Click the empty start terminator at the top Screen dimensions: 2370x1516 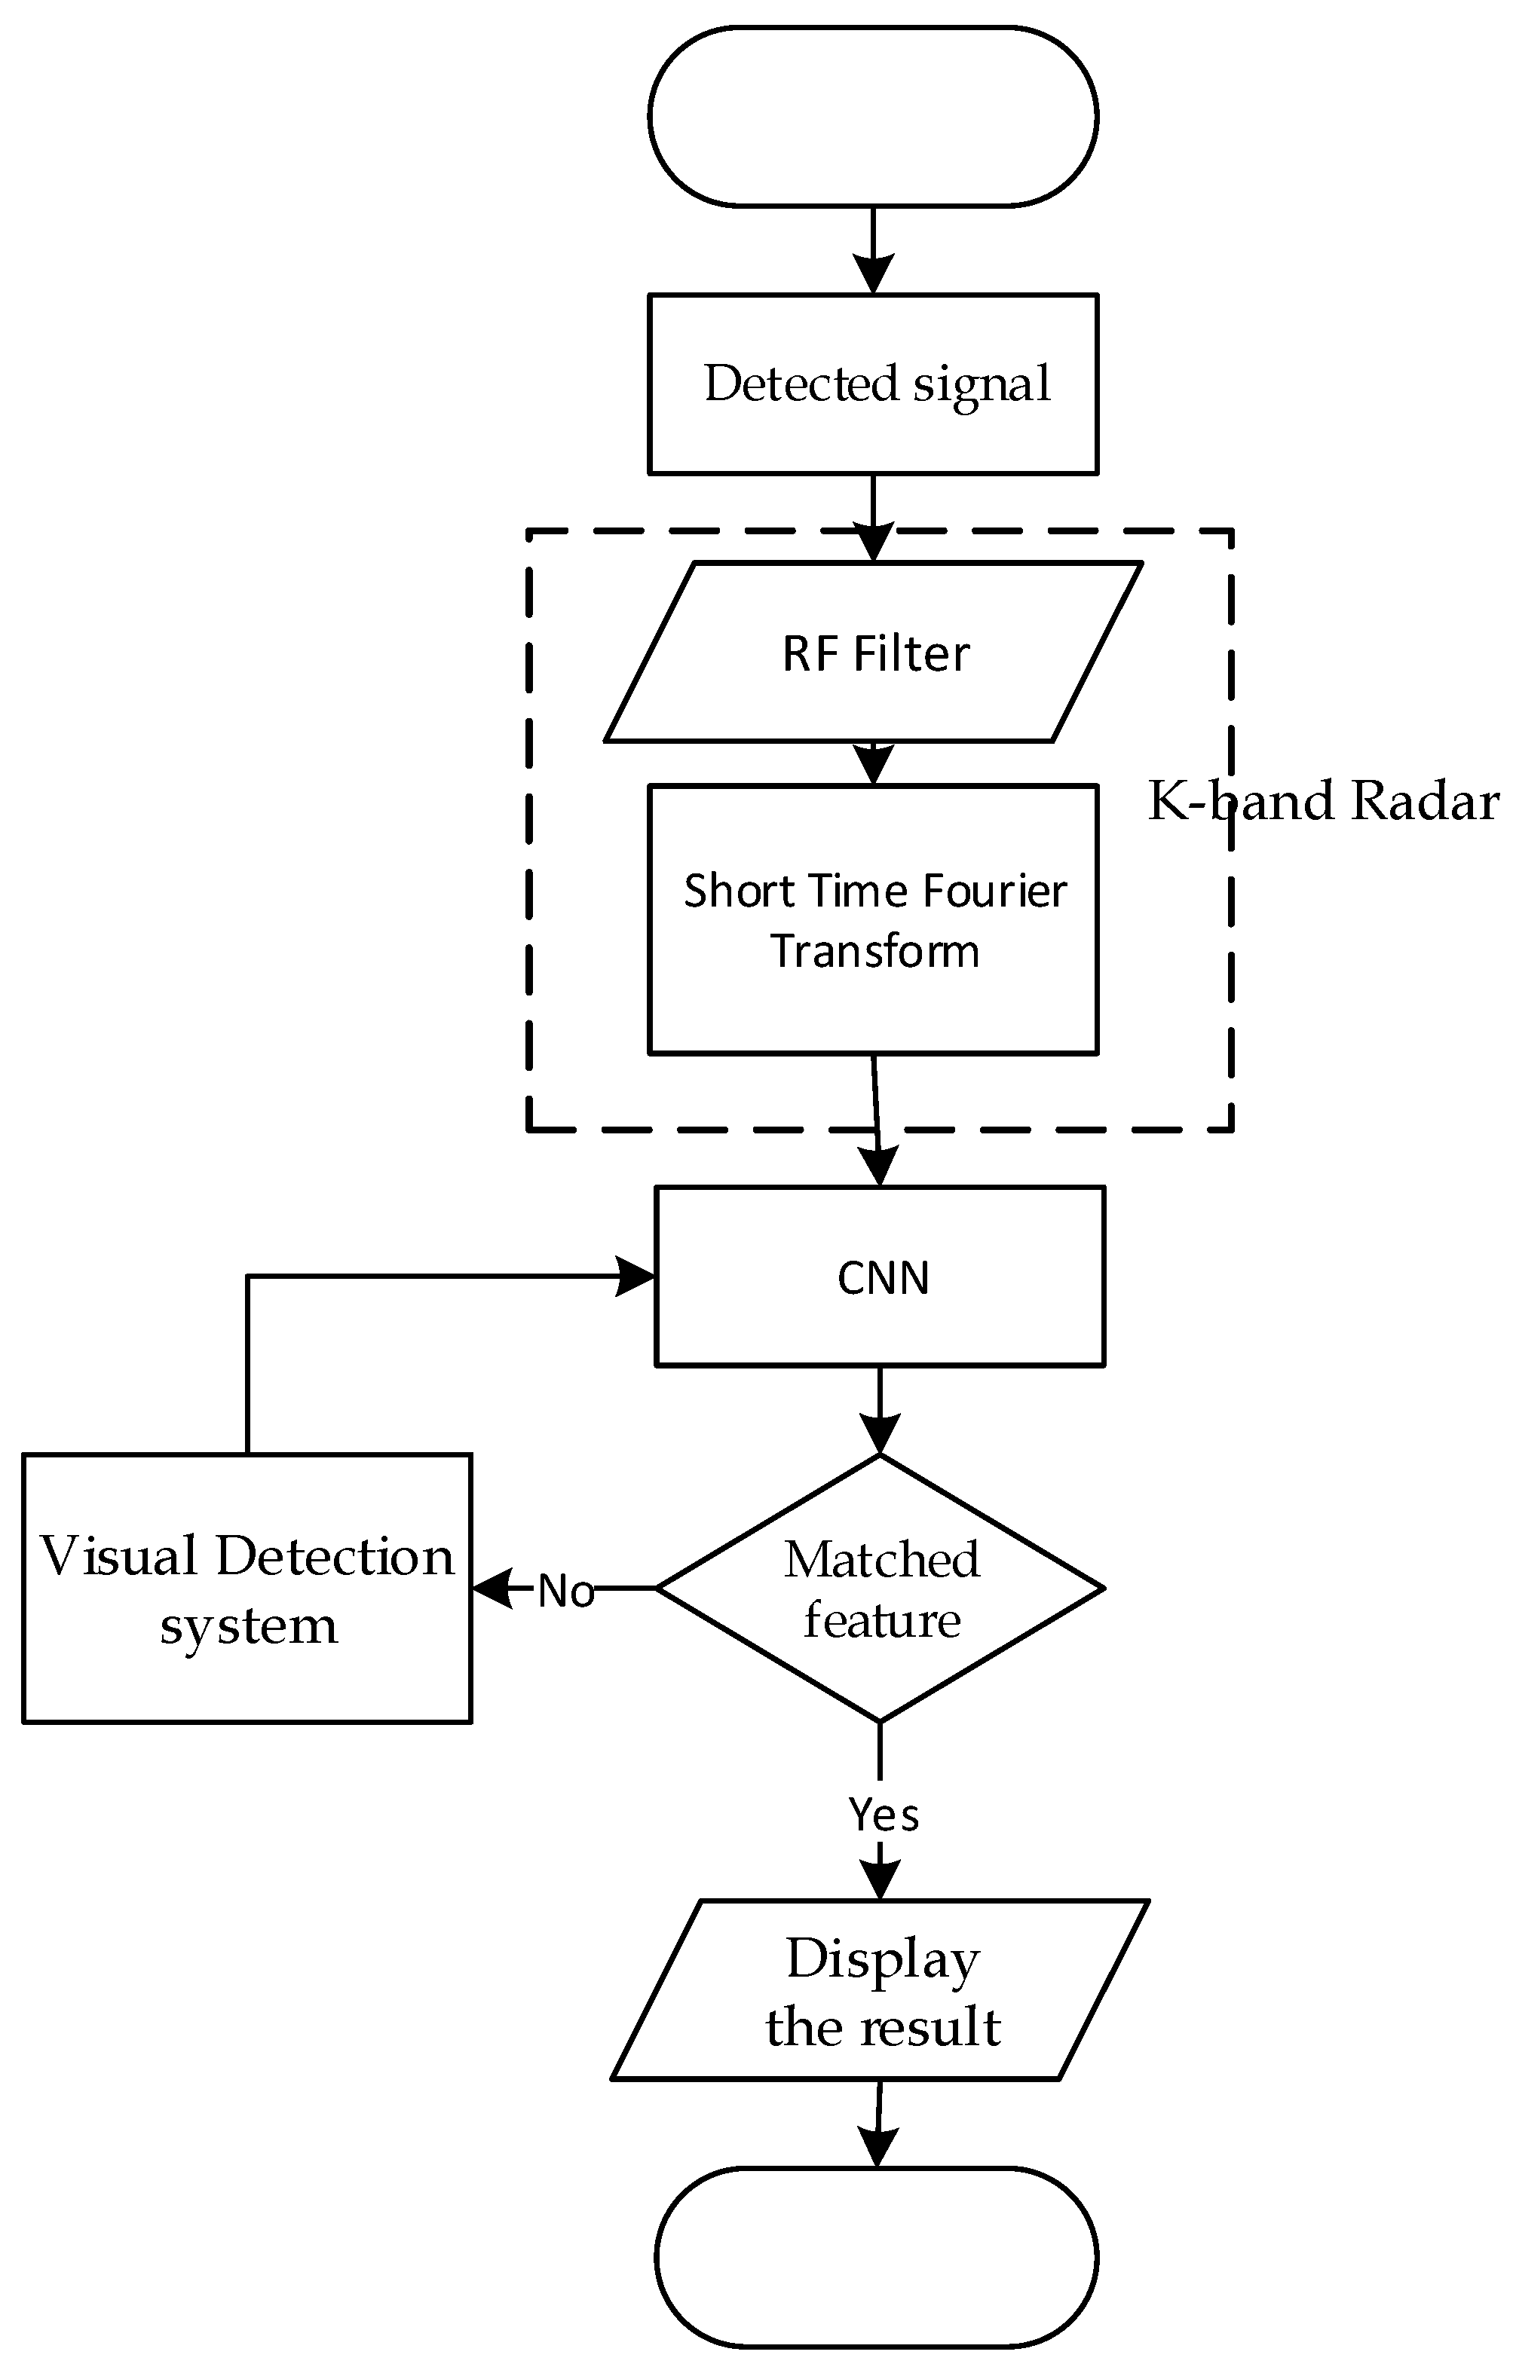click(x=872, y=117)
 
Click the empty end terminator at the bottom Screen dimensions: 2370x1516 click(x=876, y=2258)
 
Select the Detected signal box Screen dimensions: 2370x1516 click(x=872, y=384)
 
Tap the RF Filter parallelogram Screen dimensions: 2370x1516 click(x=872, y=653)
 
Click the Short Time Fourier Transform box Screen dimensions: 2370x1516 click(x=872, y=920)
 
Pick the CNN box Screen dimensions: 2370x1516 click(x=880, y=1277)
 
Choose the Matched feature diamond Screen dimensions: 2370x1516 click(x=880, y=1589)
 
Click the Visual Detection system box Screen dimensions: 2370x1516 click(x=247, y=1589)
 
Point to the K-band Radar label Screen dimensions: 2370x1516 click(x=1323, y=801)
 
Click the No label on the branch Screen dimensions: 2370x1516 click(x=566, y=1592)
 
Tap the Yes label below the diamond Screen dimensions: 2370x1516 click(x=883, y=1814)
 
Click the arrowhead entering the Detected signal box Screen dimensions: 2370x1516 click(x=873, y=274)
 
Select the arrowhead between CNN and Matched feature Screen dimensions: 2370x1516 click(x=880, y=1434)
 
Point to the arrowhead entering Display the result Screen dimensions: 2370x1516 click(x=880, y=1881)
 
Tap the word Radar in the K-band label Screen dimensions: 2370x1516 click(x=1426, y=801)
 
